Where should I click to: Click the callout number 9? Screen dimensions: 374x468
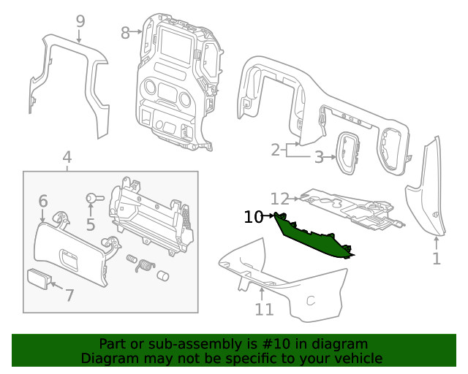80,22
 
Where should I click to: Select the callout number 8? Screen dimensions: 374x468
125,33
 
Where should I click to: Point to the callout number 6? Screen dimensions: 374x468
43,201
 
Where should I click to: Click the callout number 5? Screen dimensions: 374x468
91,224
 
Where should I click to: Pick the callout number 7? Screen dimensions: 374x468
69,296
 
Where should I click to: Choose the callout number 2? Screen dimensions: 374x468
276,150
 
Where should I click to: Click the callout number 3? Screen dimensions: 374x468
319,157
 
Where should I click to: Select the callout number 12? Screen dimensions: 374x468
280,199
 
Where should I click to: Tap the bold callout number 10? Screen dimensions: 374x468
253,217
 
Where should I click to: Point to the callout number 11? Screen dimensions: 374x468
264,310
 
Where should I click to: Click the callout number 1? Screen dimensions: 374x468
437,259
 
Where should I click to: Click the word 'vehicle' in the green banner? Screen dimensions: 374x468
355,358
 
